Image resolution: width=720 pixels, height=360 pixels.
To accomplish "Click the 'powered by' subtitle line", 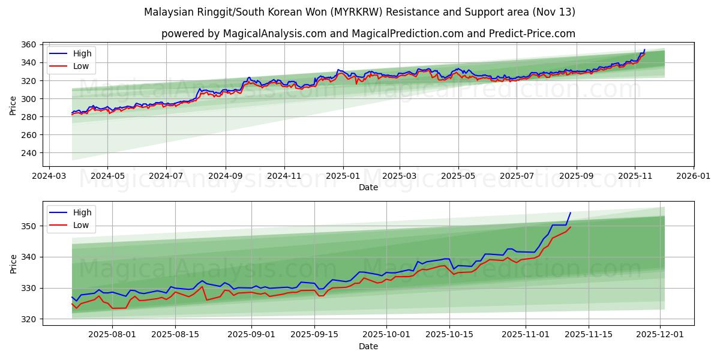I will click(x=368, y=34).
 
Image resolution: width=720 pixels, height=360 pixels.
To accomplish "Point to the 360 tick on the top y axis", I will click(x=29, y=45).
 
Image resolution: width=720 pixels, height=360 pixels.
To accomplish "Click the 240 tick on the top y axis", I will click(x=29, y=153).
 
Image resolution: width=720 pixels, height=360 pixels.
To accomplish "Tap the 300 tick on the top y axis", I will click(x=29, y=99).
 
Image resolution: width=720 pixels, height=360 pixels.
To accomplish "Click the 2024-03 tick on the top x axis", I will click(x=49, y=176).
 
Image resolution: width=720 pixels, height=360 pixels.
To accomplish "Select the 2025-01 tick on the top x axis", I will click(x=343, y=176).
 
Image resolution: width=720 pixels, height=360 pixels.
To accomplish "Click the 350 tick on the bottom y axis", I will click(x=29, y=226).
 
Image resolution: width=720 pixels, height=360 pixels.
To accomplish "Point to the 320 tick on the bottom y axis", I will click(x=29, y=319).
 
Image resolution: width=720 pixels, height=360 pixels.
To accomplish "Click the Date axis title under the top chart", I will click(x=368, y=187).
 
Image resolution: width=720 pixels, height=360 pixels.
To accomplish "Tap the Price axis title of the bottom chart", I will click(x=13, y=263).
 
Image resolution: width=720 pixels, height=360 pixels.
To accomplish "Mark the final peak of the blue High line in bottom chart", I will click(x=570, y=212).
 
